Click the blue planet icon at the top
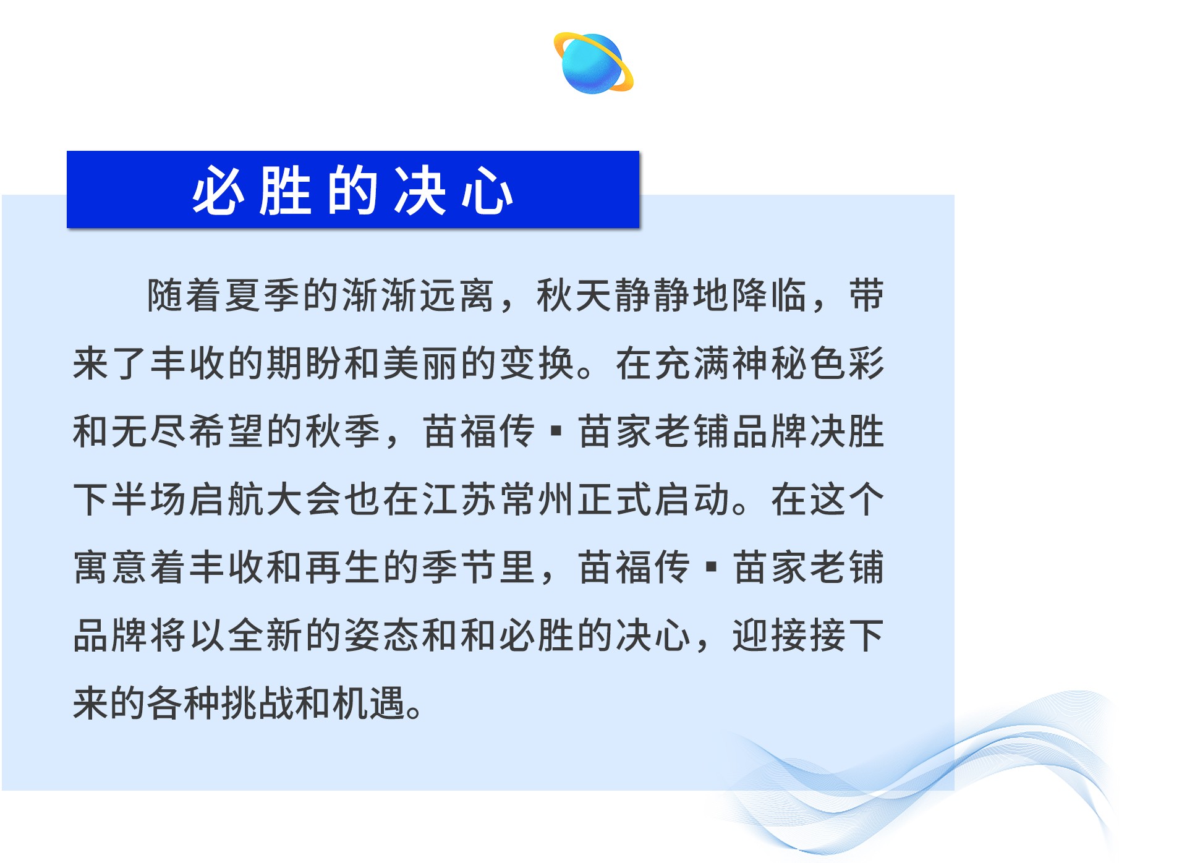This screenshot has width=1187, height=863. tap(593, 62)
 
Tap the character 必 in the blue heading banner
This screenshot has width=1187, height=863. tap(217, 191)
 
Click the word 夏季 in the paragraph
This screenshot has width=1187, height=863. tap(263, 295)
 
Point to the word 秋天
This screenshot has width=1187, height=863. tap(574, 295)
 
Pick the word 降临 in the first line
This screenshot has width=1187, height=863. tap(769, 295)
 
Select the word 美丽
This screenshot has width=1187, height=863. tap(420, 363)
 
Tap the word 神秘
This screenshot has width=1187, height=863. tap(769, 363)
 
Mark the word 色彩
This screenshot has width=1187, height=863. tap(847, 363)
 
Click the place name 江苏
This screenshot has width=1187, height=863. tap(459, 500)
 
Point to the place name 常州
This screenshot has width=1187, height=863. tap(537, 500)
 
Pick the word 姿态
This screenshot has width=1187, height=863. tap(381, 636)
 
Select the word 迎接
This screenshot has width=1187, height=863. tap(769, 636)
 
